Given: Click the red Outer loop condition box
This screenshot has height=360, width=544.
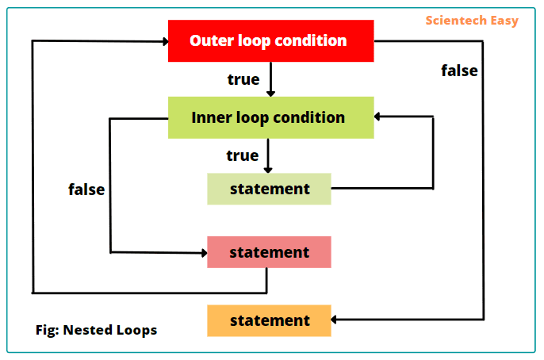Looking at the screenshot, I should (270, 40).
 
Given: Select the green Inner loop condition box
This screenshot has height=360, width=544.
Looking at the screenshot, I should (270, 117).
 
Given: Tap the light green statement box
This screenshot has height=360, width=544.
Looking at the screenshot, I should (269, 189).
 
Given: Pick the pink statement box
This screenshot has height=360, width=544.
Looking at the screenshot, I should (269, 252).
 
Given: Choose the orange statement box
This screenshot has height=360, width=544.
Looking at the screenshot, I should (269, 320).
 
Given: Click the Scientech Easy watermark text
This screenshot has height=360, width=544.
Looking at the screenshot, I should (471, 21).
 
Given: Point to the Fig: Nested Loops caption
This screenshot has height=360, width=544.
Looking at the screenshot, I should (96, 330).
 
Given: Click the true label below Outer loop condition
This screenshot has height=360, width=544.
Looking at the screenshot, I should (243, 79).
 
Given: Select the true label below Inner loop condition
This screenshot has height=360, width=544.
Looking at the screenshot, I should (242, 155).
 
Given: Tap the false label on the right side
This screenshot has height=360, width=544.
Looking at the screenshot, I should (459, 71).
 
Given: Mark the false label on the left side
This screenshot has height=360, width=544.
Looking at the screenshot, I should (86, 190).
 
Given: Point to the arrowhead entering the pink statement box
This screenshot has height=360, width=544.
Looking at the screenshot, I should (202, 253).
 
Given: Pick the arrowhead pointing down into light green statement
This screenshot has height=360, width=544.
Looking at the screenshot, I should (268, 168).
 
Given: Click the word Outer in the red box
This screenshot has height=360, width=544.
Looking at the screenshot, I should (209, 40).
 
